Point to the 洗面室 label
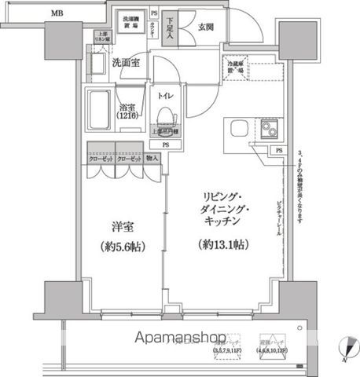coord(125,63)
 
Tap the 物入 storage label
coord(152,158)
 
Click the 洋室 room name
coord(122,229)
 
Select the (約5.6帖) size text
coord(122,246)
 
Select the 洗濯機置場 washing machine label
coord(131,20)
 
